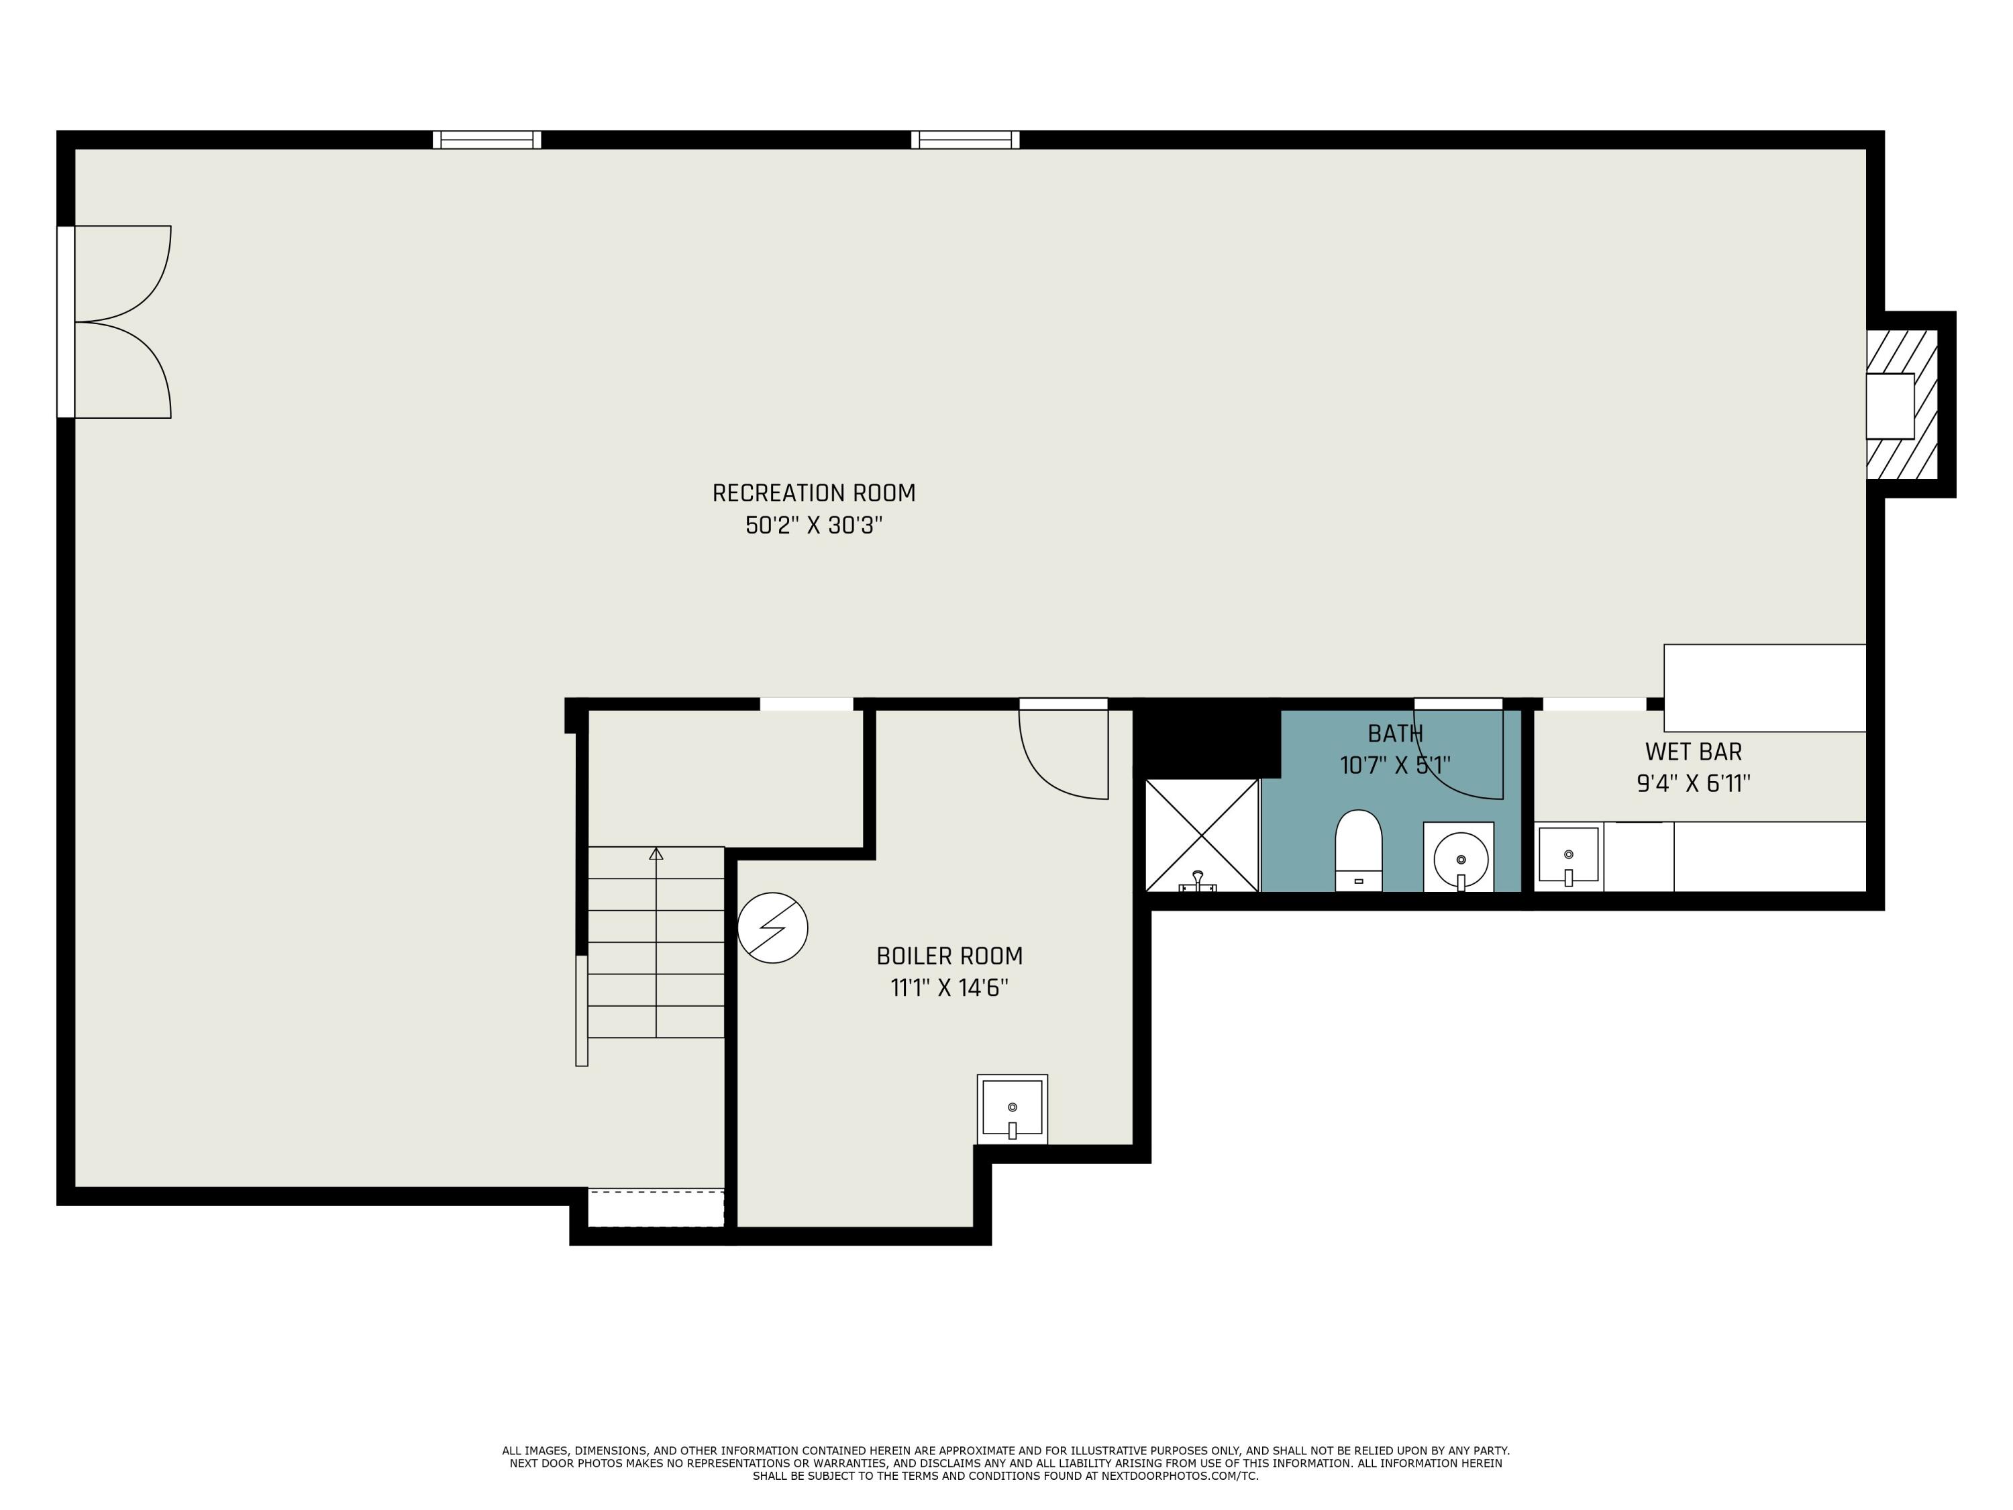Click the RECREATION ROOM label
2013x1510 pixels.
click(813, 493)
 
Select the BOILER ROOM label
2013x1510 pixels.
click(949, 956)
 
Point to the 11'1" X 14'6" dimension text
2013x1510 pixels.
click(949, 989)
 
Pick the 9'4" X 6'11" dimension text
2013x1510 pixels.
click(1694, 784)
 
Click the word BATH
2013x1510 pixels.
click(1395, 734)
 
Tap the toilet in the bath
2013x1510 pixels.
click(1359, 851)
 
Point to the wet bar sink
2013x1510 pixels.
click(1568, 856)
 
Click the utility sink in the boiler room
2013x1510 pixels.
click(1012, 1109)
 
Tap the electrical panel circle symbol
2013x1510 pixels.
click(772, 928)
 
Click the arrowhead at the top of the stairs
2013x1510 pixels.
click(656, 853)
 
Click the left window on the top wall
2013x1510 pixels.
click(487, 140)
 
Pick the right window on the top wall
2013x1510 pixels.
click(966, 140)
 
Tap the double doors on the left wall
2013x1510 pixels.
click(115, 321)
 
